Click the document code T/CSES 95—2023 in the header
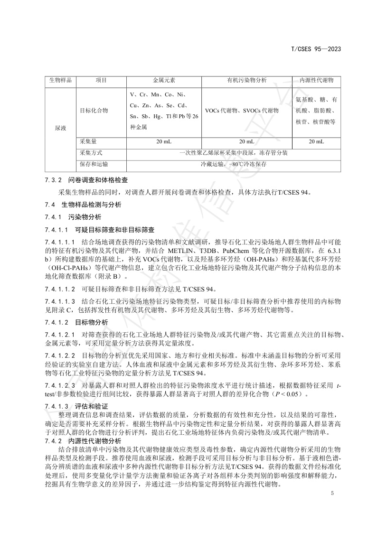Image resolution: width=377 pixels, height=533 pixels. click(316, 48)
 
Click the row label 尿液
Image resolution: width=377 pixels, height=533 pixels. click(60, 128)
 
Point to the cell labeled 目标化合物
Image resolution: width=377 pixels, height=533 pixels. click(94, 110)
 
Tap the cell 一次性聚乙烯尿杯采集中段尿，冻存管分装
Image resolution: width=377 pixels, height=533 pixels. click(233, 153)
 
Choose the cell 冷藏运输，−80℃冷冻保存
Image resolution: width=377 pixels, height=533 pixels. click(233, 164)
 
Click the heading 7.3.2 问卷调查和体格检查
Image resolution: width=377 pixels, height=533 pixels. click(86, 181)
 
